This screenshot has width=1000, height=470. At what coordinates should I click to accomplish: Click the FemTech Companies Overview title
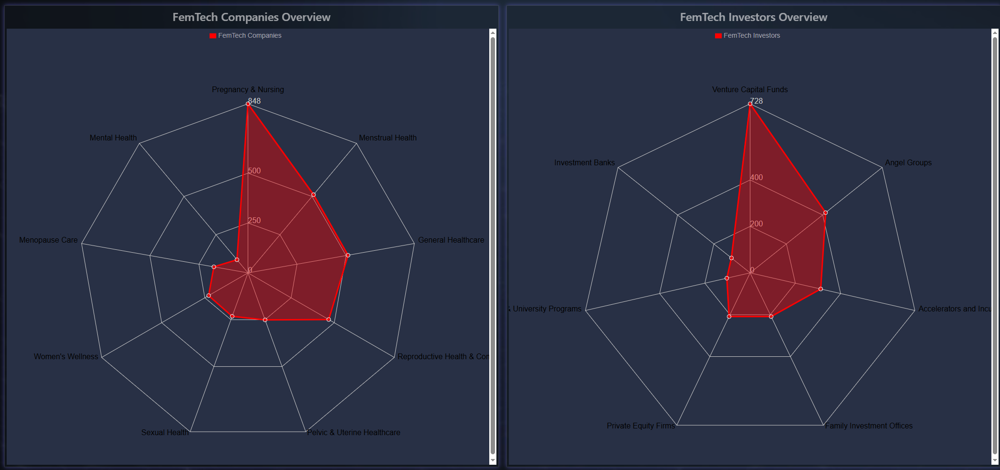click(x=251, y=17)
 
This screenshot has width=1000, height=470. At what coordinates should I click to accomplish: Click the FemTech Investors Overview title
click(x=753, y=17)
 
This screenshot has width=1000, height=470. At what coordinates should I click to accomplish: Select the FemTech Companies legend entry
click(x=245, y=35)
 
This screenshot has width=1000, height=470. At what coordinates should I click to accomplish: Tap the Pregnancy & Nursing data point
click(x=248, y=104)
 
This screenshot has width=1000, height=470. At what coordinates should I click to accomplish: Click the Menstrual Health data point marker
click(x=314, y=195)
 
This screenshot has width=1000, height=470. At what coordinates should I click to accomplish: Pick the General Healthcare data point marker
click(x=348, y=255)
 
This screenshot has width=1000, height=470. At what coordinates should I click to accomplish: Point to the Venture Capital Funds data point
click(x=750, y=104)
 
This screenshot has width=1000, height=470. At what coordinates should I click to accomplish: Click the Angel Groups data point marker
click(x=825, y=213)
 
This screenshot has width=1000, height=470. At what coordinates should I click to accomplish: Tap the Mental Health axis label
click(x=113, y=138)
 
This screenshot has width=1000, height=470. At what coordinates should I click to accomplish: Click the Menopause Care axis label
click(x=48, y=240)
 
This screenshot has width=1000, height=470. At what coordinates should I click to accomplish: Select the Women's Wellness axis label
click(x=66, y=356)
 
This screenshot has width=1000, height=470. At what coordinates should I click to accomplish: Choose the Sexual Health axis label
click(x=165, y=432)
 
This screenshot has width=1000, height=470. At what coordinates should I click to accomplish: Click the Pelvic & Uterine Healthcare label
click(x=354, y=432)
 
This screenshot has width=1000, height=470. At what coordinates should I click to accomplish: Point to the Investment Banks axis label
click(x=584, y=162)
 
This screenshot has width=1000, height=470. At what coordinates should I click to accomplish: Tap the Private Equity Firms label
click(x=641, y=426)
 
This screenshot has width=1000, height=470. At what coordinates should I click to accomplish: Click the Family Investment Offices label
click(x=869, y=426)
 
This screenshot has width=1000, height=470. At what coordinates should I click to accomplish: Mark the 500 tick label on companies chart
click(x=254, y=171)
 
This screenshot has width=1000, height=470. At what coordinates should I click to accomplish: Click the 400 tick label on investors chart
click(x=757, y=177)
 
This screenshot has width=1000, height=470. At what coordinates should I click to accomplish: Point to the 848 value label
click(x=255, y=101)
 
